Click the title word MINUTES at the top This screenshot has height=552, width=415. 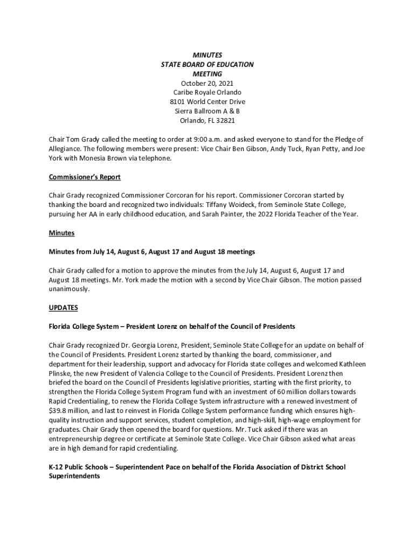tap(207, 55)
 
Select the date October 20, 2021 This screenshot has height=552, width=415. tap(207, 83)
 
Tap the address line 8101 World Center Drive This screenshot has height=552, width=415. tap(207, 102)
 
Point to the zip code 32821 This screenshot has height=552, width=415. tap(225, 121)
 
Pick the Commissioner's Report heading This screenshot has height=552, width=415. tap(85, 177)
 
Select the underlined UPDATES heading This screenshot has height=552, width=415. tap(64, 308)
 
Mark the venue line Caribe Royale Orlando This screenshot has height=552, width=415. tap(207, 93)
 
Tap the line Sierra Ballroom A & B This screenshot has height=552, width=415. tap(207, 112)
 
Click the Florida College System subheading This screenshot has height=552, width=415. tap(172, 327)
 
